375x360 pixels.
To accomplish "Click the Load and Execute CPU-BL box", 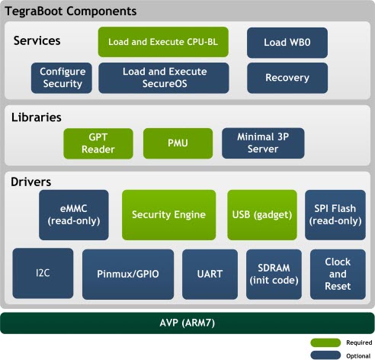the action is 163,42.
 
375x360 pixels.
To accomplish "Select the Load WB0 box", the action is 287,43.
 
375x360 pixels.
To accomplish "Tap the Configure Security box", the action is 62,78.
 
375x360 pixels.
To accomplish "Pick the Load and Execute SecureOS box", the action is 164,78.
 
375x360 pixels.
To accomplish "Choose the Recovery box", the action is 287,78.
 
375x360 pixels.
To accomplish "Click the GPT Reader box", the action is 98,143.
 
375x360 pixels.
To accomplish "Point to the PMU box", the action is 178,143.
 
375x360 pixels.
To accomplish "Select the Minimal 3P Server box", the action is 263,143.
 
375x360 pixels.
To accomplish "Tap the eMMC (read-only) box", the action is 74,215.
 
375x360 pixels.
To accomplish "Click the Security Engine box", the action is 169,215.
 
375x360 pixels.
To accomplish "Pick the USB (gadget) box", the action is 262,215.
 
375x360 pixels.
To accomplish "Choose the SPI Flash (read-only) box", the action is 335,215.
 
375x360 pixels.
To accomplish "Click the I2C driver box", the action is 43,273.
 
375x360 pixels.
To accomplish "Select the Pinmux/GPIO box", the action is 128,274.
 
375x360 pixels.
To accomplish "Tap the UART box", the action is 210,274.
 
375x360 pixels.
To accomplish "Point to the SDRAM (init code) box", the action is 274,274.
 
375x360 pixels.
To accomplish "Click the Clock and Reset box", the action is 338,274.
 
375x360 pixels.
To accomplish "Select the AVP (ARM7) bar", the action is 187,323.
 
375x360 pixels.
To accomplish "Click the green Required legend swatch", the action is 325,342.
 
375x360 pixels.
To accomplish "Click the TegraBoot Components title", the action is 71,11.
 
